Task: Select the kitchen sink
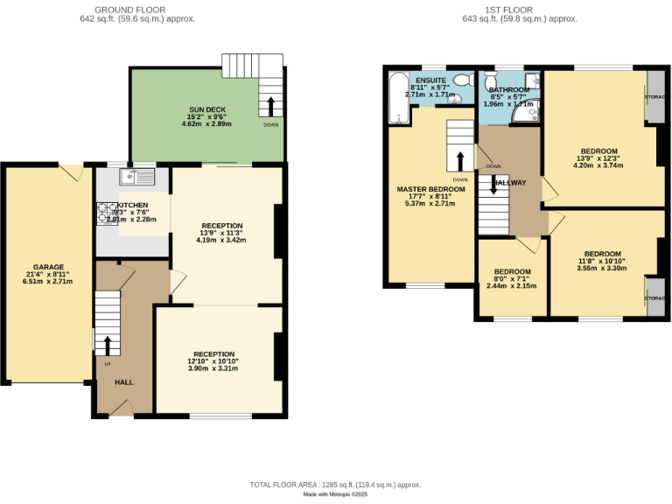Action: point(137,177)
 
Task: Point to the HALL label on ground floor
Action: point(124,381)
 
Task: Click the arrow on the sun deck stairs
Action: point(270,106)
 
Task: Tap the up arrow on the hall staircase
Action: point(108,345)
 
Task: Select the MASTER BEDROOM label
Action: point(430,189)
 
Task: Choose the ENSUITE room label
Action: point(430,80)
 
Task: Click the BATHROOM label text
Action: point(509,90)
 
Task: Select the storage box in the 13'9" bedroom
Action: point(654,96)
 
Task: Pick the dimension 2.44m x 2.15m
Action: point(511,286)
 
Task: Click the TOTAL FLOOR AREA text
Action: point(336,484)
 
